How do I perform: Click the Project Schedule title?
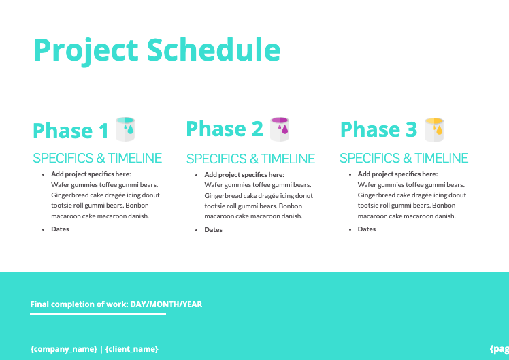[x=157, y=50]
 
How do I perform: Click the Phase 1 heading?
[x=71, y=131]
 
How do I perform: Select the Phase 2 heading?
[x=224, y=129]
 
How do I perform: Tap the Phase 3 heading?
[x=378, y=129]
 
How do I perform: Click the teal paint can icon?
[x=125, y=129]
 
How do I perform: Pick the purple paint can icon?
[x=280, y=128]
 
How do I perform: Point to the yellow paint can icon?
[x=433, y=129]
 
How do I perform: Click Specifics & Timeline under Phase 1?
[x=97, y=159]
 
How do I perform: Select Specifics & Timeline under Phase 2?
[x=250, y=159]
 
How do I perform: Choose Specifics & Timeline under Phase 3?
[x=404, y=159]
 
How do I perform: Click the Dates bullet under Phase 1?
[x=60, y=229]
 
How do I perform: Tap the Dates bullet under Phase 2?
[x=213, y=230]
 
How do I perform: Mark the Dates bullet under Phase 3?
[x=367, y=229]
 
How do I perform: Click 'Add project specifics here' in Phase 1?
[x=91, y=174]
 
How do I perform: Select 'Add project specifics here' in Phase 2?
[x=244, y=175]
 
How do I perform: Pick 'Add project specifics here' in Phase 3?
[x=397, y=174]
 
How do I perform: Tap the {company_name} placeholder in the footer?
[x=63, y=349]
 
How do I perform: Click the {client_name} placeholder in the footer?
[x=132, y=349]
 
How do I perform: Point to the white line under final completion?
[x=98, y=314]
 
